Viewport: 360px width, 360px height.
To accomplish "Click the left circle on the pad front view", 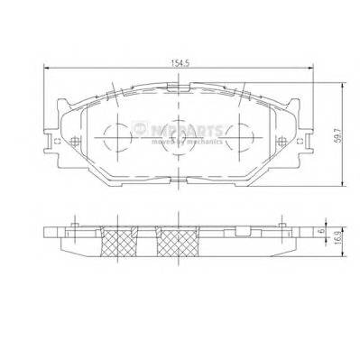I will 116,137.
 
